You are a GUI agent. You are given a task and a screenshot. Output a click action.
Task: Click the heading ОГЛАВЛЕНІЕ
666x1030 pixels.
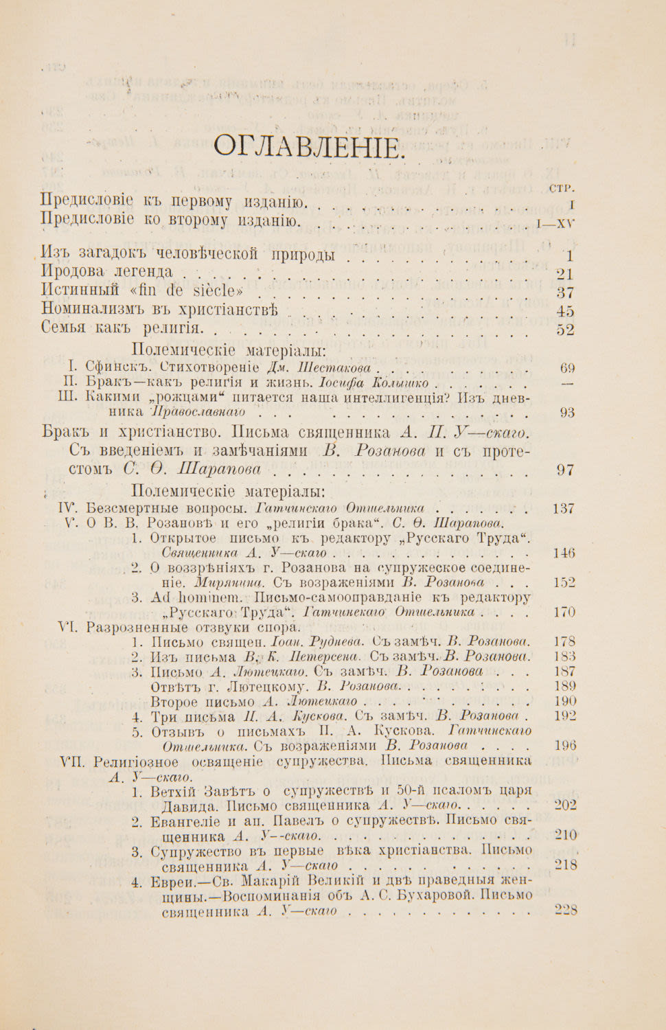[306, 147]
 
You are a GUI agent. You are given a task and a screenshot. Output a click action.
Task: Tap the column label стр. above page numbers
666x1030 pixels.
[562, 187]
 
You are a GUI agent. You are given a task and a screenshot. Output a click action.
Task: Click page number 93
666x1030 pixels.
[567, 413]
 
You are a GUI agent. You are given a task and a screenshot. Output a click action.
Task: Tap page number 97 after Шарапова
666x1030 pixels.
[566, 470]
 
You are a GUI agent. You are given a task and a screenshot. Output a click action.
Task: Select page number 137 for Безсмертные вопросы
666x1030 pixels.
[564, 509]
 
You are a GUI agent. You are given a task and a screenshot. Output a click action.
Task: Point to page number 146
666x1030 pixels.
[564, 553]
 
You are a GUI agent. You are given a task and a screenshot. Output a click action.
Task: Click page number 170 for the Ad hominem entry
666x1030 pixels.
[564, 612]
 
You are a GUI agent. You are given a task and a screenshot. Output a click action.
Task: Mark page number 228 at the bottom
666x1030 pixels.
[565, 911]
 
